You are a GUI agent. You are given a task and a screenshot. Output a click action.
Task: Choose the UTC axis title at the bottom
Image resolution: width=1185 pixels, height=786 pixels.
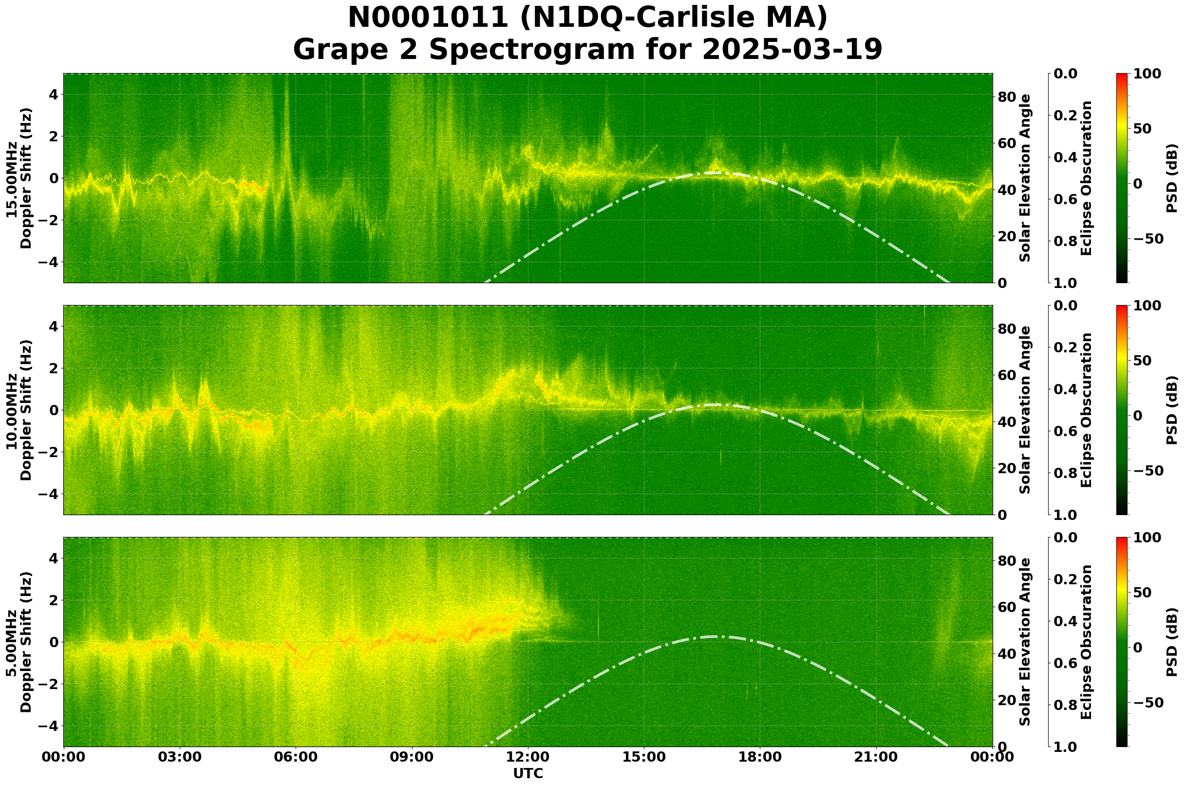(527, 773)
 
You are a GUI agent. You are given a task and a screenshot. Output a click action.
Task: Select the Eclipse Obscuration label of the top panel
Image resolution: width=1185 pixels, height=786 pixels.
(1086, 178)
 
